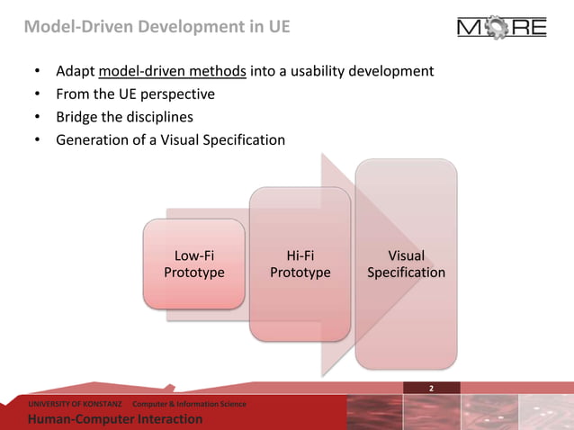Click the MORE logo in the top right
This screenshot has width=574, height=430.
coord(501,28)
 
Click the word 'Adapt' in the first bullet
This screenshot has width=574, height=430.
coord(75,70)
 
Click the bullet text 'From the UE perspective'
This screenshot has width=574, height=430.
coord(135,94)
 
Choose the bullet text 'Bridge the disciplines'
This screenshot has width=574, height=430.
coord(124,117)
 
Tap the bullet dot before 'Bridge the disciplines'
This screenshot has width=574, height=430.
coord(37,117)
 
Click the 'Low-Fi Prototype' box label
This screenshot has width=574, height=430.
coord(193,264)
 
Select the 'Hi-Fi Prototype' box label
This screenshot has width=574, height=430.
coord(300,264)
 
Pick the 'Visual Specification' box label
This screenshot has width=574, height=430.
coord(406,264)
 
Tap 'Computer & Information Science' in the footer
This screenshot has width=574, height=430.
coord(189,404)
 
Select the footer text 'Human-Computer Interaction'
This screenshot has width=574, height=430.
coord(115,419)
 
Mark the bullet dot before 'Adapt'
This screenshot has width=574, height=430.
coord(37,70)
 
